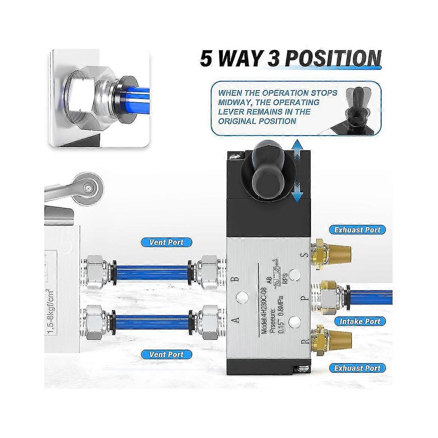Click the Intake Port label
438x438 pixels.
pyautogui.click(x=360, y=322)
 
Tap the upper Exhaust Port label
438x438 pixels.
pyautogui.click(x=357, y=230)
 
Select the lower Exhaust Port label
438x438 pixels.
pyautogui.click(x=357, y=368)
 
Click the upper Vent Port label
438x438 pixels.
pyautogui.click(x=166, y=242)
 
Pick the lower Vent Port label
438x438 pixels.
pyautogui.click(x=166, y=354)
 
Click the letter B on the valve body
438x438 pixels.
pyautogui.click(x=236, y=279)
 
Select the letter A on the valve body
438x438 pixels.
pyautogui.click(x=236, y=320)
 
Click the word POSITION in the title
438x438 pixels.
pyautogui.click(x=332, y=59)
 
